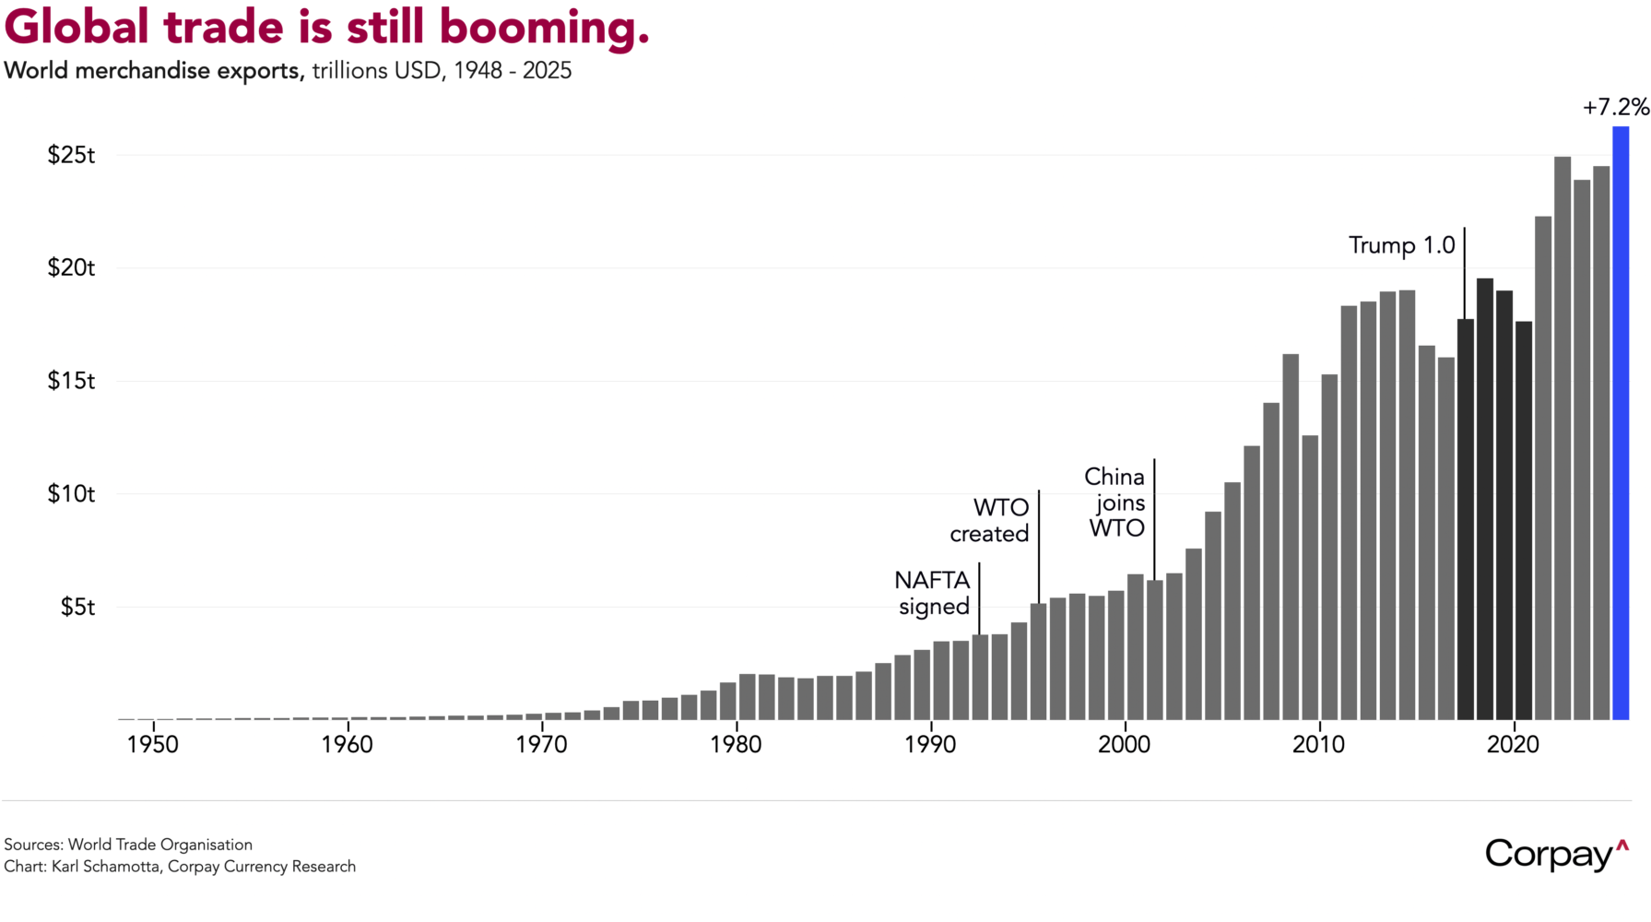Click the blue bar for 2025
click(x=1620, y=424)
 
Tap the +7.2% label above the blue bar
click(x=1615, y=108)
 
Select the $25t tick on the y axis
click(x=71, y=155)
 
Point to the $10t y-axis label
click(x=71, y=494)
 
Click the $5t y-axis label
click(x=77, y=607)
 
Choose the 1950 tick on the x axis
click(x=153, y=745)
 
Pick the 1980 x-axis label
click(x=736, y=745)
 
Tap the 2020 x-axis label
click(x=1513, y=745)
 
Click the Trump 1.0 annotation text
click(x=1401, y=245)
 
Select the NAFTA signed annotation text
click(x=933, y=593)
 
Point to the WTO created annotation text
click(x=990, y=521)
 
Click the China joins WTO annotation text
click(x=1115, y=502)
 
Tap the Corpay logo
click(x=1556, y=855)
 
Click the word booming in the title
click(x=544, y=28)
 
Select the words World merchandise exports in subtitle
click(x=153, y=71)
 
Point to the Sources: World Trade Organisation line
click(x=128, y=845)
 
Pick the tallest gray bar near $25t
click(x=1562, y=438)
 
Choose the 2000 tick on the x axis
click(x=1124, y=745)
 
